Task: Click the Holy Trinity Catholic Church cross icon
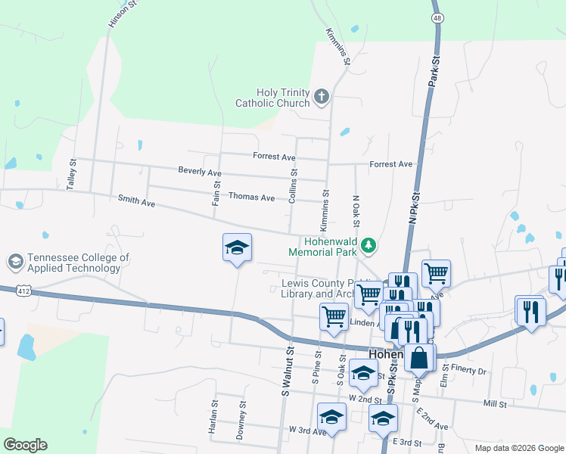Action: tap(322, 96)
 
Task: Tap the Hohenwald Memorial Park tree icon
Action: tap(369, 245)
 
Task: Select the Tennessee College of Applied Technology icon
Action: tap(14, 263)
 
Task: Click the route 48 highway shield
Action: tap(437, 17)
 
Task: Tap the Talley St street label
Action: tap(73, 173)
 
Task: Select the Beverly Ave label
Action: tap(199, 172)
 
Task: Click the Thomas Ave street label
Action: tap(251, 197)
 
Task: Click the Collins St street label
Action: tap(292, 185)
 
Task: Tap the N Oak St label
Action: tap(355, 211)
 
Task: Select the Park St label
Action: tap(434, 70)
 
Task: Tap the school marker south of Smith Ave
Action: tap(237, 247)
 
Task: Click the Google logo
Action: tap(25, 445)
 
